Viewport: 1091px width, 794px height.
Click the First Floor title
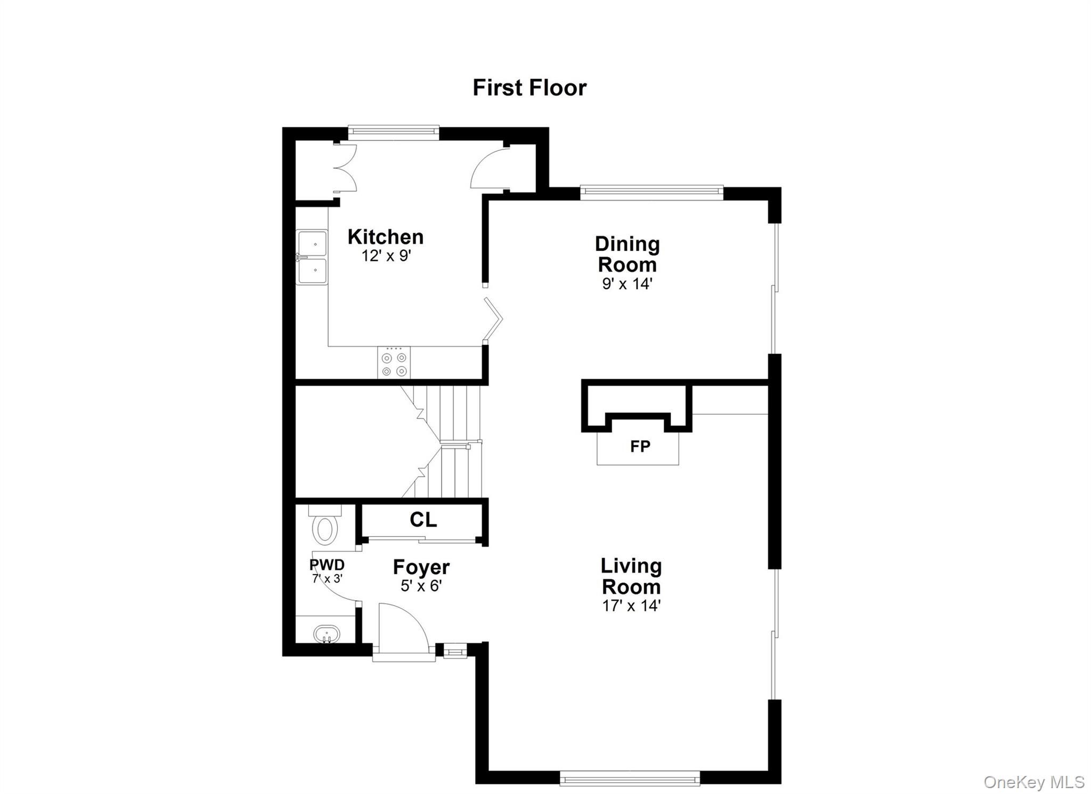(529, 88)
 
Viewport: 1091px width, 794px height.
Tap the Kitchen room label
(385, 237)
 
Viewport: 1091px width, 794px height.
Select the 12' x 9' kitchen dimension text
(386, 256)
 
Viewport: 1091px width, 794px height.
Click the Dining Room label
(627, 254)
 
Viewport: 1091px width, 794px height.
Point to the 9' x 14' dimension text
(627, 284)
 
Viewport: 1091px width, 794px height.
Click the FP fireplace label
(640, 446)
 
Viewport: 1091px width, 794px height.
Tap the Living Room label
(631, 576)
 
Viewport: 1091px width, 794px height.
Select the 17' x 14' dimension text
(631, 606)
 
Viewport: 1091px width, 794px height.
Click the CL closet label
(423, 520)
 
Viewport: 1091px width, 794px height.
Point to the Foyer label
(421, 567)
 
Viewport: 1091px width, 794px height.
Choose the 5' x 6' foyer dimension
(421, 586)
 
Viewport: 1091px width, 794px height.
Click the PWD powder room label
(327, 564)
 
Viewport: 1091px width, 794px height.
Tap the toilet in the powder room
(325, 525)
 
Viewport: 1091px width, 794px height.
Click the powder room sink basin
(327, 634)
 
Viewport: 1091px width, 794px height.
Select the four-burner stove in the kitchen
(394, 363)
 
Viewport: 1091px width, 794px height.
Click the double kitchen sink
(312, 258)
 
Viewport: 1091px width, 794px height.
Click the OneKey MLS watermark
(1033, 782)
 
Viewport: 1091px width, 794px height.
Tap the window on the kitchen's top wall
(393, 132)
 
